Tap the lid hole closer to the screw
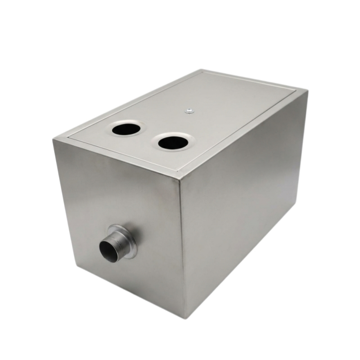coord(173,143)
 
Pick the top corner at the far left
coord(53,139)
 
